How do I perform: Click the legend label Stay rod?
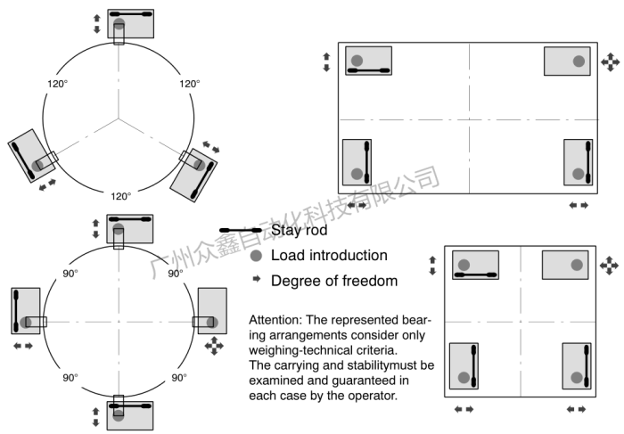[x=299, y=230]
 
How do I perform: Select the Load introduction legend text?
[x=329, y=256]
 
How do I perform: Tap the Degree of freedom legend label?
[x=333, y=281]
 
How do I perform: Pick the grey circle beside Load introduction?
[x=256, y=256]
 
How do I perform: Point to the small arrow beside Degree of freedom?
[x=256, y=281]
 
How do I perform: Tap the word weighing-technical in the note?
[x=300, y=349]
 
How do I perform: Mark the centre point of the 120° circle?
[x=119, y=118]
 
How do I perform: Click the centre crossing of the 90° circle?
[x=119, y=322]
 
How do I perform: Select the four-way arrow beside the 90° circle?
[x=213, y=345]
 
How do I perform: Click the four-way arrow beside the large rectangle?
[x=610, y=61]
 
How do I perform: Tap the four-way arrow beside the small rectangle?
[x=610, y=266]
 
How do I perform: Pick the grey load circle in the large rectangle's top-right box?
[x=579, y=61]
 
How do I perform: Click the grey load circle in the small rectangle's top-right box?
[x=577, y=265]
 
